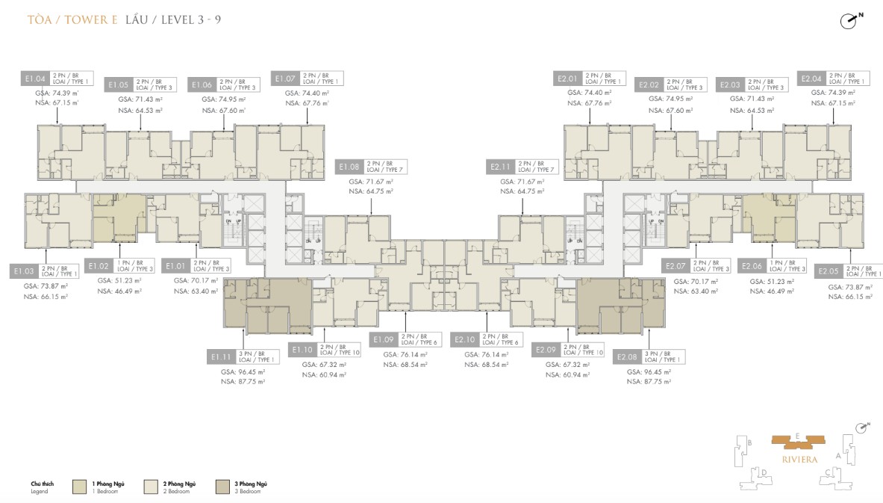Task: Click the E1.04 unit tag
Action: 35,78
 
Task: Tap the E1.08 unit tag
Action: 349,167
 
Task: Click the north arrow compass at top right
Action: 849,21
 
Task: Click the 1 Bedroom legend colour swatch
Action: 80,487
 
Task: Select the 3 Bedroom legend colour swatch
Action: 222,487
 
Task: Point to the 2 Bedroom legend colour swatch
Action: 151,487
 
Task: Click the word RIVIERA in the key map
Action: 797,451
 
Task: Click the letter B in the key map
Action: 749,442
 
